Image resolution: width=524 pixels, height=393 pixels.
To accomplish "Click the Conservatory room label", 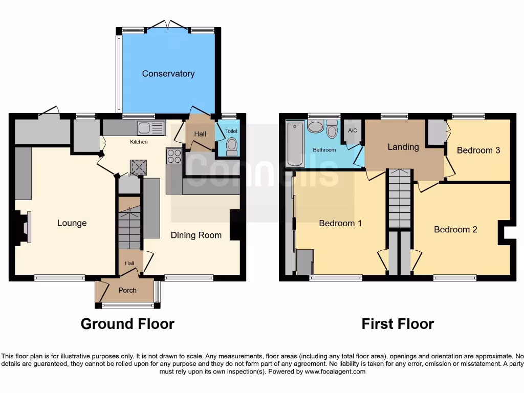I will [x=168, y=74].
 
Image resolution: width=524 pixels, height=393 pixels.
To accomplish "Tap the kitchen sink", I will [x=150, y=128].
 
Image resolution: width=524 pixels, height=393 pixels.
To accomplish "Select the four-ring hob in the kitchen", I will [x=174, y=156].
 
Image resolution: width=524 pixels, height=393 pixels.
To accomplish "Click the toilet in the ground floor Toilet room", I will [x=232, y=146].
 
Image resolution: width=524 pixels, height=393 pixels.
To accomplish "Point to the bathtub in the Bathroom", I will [x=295, y=144].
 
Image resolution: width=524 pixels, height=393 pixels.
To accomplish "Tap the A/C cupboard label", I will [x=352, y=130].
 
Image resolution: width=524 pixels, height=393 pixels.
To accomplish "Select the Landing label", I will [x=403, y=147].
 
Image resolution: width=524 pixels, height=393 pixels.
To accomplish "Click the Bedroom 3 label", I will [x=478, y=150].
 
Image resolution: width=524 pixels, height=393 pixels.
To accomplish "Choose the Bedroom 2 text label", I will [x=455, y=229].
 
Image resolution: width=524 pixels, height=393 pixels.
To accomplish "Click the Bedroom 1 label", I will [x=340, y=223].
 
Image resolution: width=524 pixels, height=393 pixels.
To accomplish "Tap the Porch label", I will [x=127, y=290].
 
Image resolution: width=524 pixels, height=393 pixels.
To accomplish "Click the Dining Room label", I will [x=196, y=235].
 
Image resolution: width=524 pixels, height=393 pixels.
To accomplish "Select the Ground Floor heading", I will [x=127, y=324].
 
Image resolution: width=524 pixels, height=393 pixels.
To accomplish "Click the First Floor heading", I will [x=398, y=324].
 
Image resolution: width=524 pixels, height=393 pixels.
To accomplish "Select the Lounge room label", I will [x=72, y=223].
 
